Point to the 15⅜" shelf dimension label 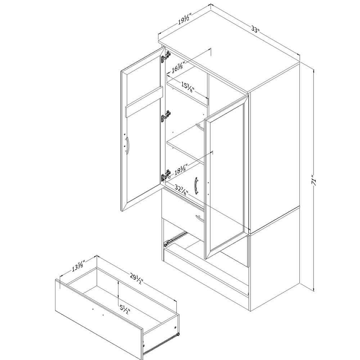(188, 87)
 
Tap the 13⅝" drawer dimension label (78, 265)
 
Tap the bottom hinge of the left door (166, 176)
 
